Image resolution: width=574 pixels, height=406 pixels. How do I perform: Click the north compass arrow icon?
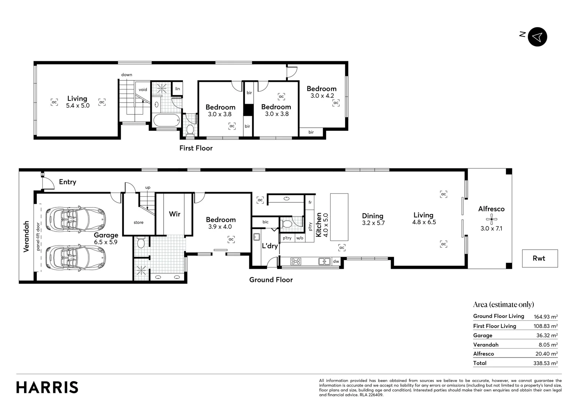[537, 37]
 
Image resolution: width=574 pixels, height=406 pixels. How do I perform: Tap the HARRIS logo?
[47, 387]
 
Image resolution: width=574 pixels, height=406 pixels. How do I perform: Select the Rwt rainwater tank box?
[539, 258]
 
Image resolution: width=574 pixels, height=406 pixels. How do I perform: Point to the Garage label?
[106, 235]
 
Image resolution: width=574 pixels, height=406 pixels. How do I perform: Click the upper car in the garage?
[76, 217]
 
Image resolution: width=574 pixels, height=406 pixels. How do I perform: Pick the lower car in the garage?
[76, 258]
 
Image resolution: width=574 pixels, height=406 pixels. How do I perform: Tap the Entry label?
[68, 182]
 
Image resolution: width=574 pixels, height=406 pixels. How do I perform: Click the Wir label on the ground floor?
[174, 214]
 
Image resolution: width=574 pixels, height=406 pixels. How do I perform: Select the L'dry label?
[269, 246]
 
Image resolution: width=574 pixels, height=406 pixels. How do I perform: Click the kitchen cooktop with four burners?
[296, 261]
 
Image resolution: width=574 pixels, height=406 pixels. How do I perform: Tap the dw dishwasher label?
[336, 261]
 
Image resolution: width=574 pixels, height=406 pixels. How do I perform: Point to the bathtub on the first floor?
[166, 121]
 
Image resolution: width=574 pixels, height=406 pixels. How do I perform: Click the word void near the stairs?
[143, 89]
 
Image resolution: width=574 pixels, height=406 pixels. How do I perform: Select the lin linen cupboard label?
[177, 89]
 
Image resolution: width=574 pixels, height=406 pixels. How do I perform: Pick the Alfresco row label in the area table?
[483, 354]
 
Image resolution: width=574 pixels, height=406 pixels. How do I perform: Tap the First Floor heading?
[196, 148]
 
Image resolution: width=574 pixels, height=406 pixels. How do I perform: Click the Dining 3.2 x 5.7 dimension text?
[373, 223]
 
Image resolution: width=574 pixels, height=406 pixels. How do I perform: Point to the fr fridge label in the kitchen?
[310, 202]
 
